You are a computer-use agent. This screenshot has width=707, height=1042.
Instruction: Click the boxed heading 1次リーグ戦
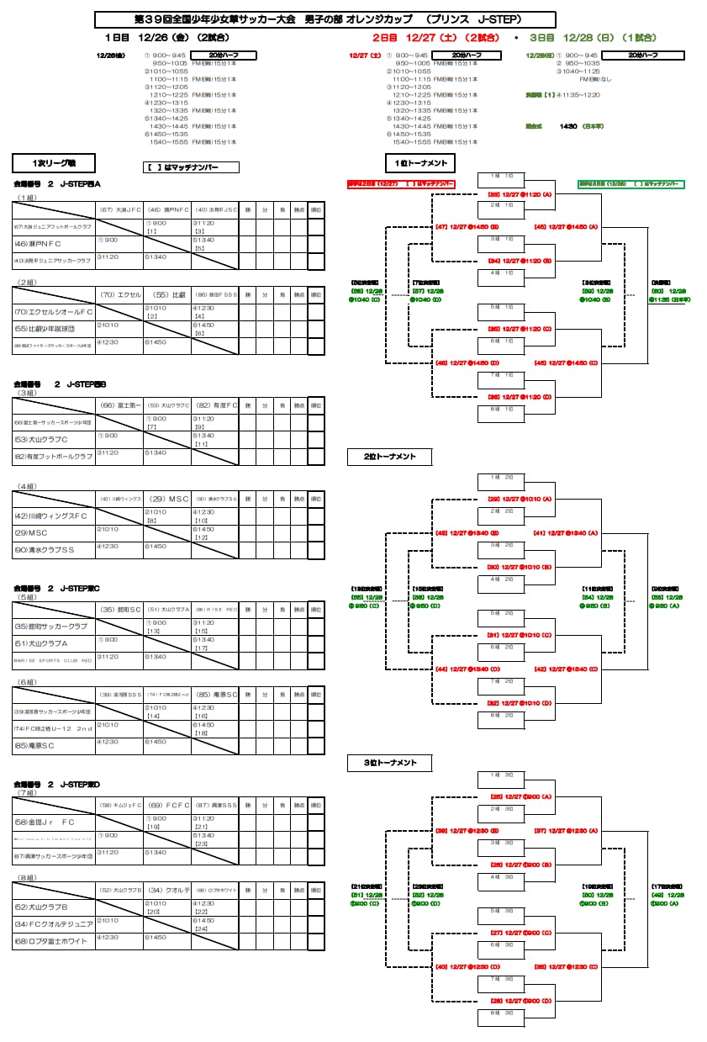(x=54, y=163)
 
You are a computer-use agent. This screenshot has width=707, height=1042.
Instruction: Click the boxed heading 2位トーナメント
(x=390, y=457)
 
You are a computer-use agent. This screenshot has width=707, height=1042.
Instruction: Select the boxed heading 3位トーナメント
(x=390, y=763)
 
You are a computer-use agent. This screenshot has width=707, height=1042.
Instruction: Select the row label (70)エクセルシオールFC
(x=53, y=312)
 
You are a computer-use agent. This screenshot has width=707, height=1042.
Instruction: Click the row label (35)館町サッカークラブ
(x=51, y=627)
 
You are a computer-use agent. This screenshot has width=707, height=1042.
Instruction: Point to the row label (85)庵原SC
(x=34, y=745)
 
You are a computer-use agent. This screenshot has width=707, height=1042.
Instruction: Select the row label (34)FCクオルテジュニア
(x=54, y=923)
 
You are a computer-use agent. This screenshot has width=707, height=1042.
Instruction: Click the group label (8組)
(x=27, y=878)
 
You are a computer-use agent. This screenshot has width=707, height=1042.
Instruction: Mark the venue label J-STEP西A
(x=80, y=183)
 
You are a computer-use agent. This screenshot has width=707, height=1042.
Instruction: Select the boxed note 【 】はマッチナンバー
(x=192, y=167)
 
